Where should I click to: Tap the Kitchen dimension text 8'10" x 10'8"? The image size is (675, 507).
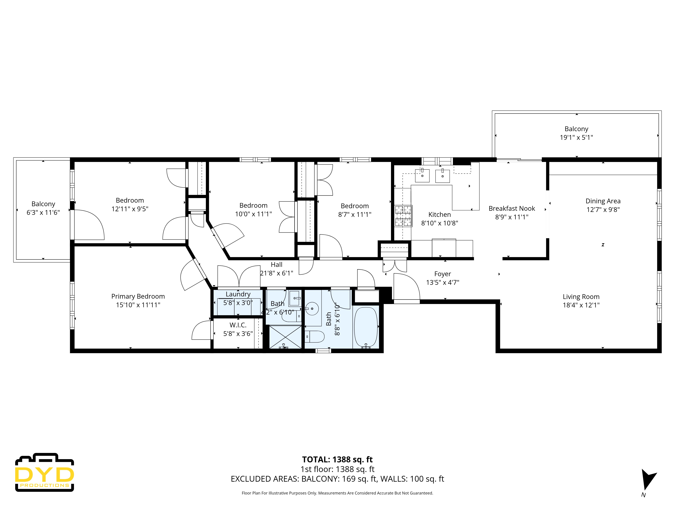[439, 223]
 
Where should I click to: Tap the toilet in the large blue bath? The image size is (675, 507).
[315, 336]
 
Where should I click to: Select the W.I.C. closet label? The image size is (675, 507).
[238, 325]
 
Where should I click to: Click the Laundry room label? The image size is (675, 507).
[238, 294]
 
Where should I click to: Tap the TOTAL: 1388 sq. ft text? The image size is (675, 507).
[337, 459]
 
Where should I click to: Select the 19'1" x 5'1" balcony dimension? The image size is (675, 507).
[576, 138]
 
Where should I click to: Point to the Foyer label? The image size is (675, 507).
[442, 274]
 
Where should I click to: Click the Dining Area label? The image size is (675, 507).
[603, 201]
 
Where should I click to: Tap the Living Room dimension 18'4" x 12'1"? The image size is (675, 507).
[581, 305]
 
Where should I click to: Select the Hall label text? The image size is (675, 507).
[276, 265]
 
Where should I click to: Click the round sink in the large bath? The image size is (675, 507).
[312, 309]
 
